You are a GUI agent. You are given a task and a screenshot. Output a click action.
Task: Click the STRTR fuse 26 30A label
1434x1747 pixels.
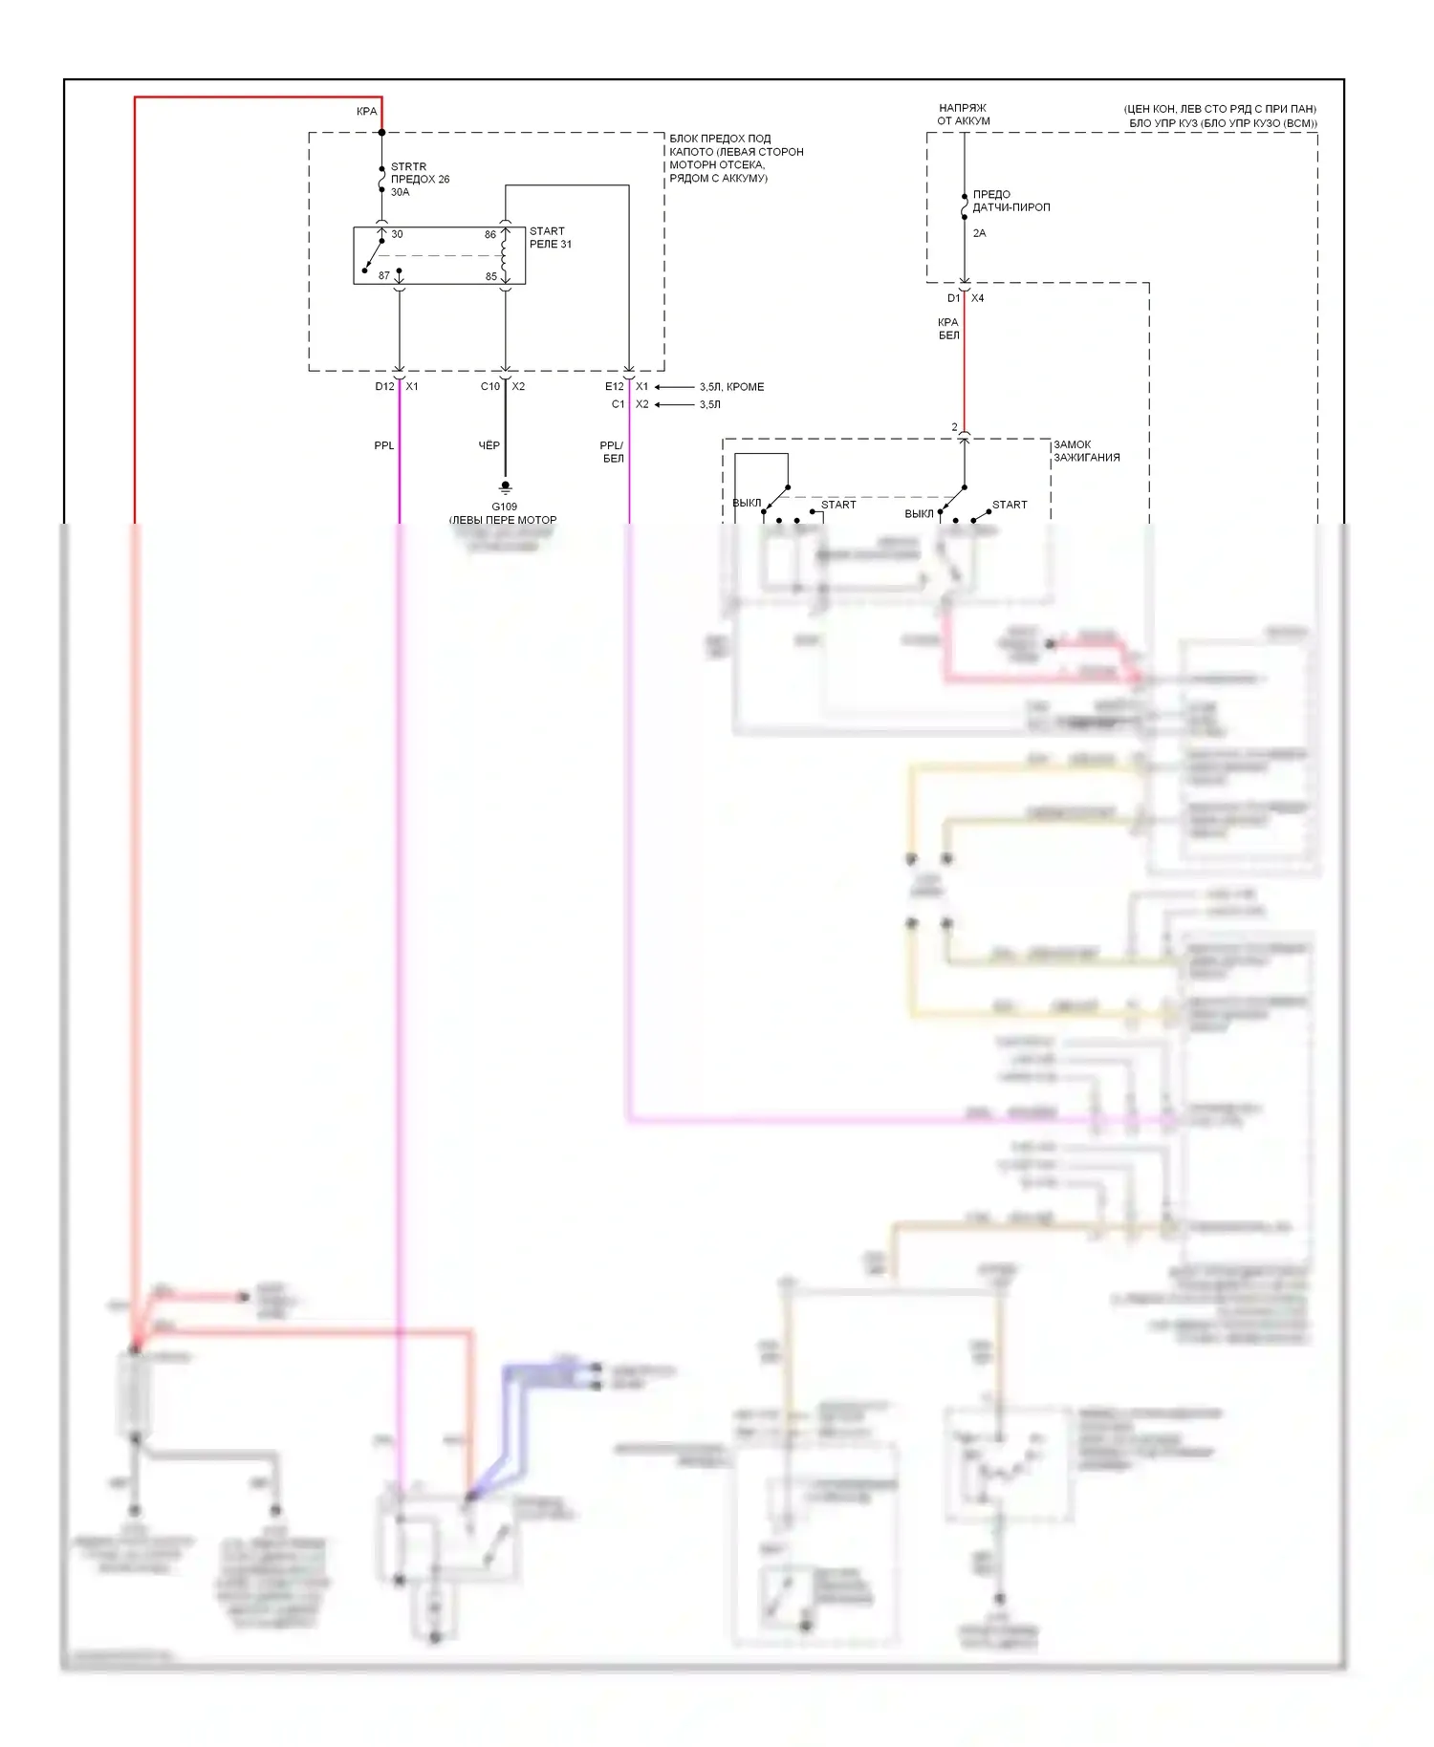pos(419,180)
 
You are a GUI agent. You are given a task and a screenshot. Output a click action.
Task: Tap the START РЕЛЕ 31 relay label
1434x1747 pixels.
pos(551,238)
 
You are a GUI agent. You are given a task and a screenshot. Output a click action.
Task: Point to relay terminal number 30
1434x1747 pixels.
pos(397,234)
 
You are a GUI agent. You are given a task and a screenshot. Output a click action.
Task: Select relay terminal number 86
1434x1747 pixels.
pos(490,234)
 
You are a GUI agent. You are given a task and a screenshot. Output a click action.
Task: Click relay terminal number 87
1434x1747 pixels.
pos(384,275)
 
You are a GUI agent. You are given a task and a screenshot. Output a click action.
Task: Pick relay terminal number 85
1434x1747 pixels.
pos(491,276)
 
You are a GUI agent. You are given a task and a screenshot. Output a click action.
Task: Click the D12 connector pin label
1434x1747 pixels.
pos(384,386)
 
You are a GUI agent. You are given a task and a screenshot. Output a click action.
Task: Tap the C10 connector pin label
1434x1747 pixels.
pos(489,386)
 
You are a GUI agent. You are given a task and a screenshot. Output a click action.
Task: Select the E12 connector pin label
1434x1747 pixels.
pos(614,386)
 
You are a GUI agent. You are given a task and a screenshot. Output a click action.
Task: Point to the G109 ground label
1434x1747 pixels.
pos(504,507)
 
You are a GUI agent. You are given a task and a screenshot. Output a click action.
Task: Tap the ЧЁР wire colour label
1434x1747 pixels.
pos(489,445)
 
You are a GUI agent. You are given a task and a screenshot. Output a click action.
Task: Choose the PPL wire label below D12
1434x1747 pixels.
pos(383,445)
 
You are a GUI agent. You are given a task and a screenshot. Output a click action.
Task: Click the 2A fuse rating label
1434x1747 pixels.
pos(979,233)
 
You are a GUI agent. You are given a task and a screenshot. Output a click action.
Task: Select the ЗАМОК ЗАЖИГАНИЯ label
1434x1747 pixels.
pos(1086,451)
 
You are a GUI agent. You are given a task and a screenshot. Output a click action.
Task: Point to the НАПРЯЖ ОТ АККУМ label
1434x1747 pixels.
pos(963,115)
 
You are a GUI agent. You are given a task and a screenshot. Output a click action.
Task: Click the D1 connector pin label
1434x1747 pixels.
pos(953,298)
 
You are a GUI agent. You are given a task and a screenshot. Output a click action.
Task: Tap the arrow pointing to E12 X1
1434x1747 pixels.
pos(674,387)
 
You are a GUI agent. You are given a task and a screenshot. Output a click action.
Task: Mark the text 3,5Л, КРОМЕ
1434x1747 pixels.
pos(731,387)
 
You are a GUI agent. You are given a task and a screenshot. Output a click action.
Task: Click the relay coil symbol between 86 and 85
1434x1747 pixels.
pos(505,256)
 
